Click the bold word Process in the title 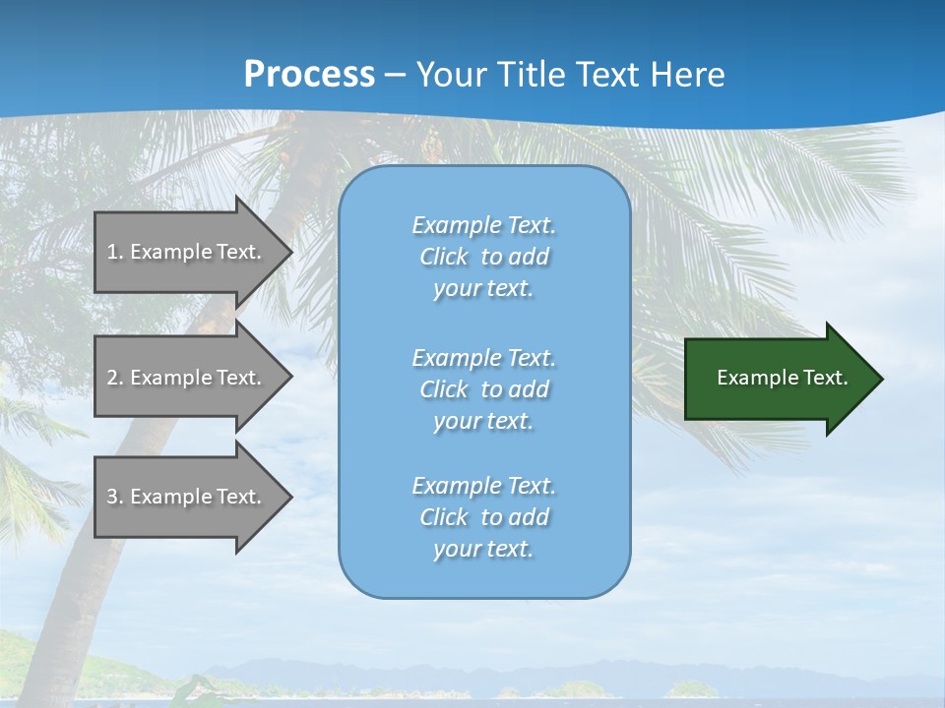point(309,74)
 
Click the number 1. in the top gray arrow point(114,252)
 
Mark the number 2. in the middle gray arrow point(114,378)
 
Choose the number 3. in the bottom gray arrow point(114,497)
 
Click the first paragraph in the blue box point(483,257)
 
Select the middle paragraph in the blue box point(483,389)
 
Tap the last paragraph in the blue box point(483,517)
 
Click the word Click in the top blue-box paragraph point(443,257)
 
